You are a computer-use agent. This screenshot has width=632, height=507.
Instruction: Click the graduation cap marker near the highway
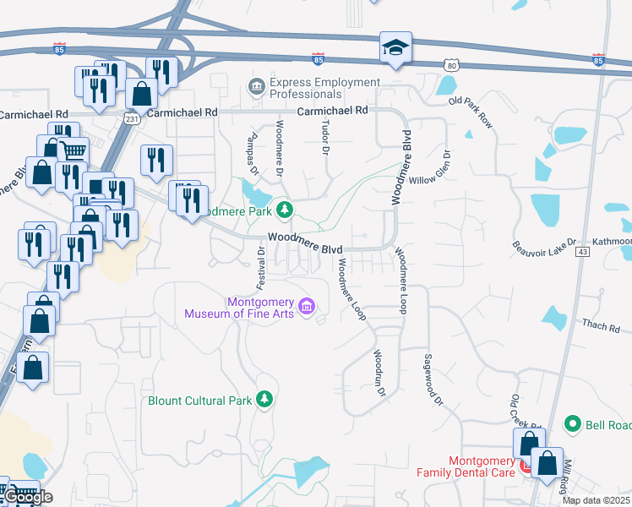click(x=395, y=48)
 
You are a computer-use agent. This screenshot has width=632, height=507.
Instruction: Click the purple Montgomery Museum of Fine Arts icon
click(x=307, y=304)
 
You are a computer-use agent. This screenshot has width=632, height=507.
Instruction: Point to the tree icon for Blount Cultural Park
click(x=265, y=398)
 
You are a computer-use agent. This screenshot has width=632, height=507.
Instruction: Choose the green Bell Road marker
click(x=573, y=423)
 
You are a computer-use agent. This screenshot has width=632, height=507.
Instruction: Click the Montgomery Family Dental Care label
click(x=470, y=466)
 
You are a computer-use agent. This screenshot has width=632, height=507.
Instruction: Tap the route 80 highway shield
click(x=452, y=64)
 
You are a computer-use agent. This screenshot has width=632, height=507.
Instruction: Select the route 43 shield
click(x=581, y=252)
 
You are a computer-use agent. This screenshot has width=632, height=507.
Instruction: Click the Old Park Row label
click(x=471, y=112)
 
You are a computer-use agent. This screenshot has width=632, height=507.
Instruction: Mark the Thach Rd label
click(x=601, y=326)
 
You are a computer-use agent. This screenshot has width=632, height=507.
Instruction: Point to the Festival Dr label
click(x=261, y=265)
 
